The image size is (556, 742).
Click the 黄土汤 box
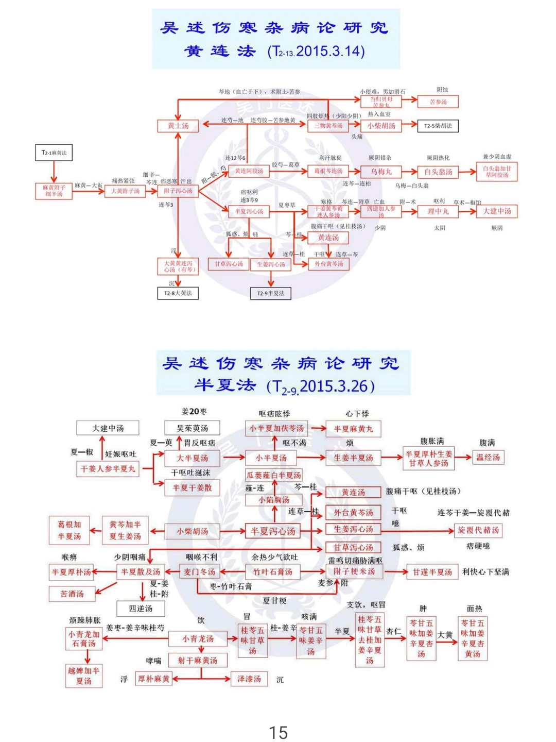tap(178, 126)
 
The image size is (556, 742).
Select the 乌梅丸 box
tap(381, 172)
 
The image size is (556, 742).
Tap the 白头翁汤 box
tap(438, 172)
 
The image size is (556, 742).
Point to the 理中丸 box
tap(438, 211)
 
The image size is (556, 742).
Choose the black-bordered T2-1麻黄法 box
tap(54, 153)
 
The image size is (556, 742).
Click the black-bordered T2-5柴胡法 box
tap(438, 126)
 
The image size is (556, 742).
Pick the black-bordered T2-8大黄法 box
tap(178, 293)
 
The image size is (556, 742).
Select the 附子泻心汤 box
tap(178, 191)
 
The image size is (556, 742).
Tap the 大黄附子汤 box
tap(126, 191)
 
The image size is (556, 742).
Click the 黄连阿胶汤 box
tap(249, 171)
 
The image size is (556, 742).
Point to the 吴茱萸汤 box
tap(192, 428)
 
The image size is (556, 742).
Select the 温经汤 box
tap(488, 457)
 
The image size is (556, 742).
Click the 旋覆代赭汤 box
tap(478, 530)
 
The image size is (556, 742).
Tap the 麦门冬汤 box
tap(199, 571)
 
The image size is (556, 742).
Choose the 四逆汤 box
tap(141, 609)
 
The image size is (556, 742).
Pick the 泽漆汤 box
tap(249, 679)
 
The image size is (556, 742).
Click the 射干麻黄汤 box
tap(198, 660)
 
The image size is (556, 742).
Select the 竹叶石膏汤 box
tap(272, 571)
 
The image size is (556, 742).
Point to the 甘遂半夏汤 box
tap(432, 571)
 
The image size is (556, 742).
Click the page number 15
tap(278, 732)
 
